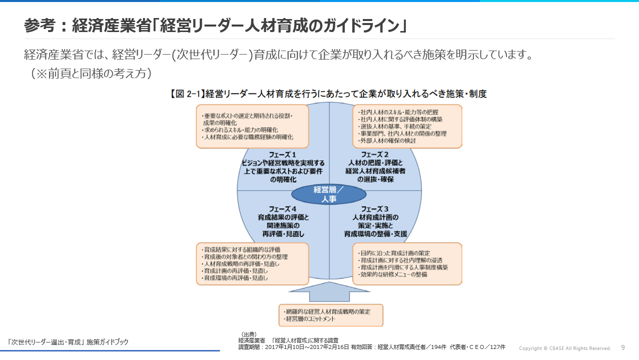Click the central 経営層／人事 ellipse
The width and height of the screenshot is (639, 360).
click(x=328, y=194)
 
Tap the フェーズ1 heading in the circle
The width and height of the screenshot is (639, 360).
click(x=283, y=154)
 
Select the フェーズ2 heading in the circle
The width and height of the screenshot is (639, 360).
click(x=375, y=154)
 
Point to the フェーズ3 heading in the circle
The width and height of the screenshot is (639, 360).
click(x=375, y=209)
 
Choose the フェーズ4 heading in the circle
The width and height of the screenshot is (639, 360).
click(x=283, y=209)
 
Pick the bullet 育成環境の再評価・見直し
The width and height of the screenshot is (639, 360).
click(x=235, y=277)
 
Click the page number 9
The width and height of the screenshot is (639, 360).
click(x=623, y=347)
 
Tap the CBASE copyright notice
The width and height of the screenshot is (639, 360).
click(x=565, y=348)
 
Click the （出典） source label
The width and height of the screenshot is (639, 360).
click(x=249, y=334)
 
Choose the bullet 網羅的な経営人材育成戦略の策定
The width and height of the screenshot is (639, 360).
click(x=328, y=311)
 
